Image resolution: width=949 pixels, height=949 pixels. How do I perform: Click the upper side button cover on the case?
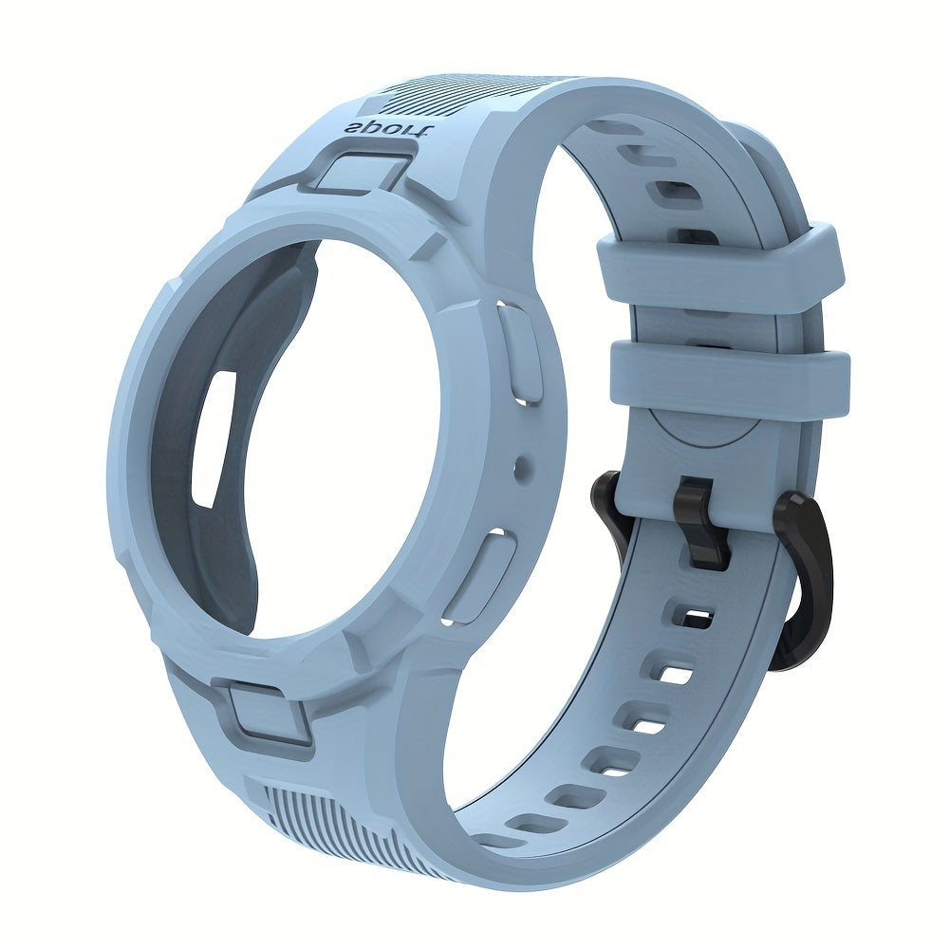pyautogui.click(x=520, y=352)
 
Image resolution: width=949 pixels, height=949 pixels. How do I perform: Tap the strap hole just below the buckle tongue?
pyautogui.click(x=692, y=617)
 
